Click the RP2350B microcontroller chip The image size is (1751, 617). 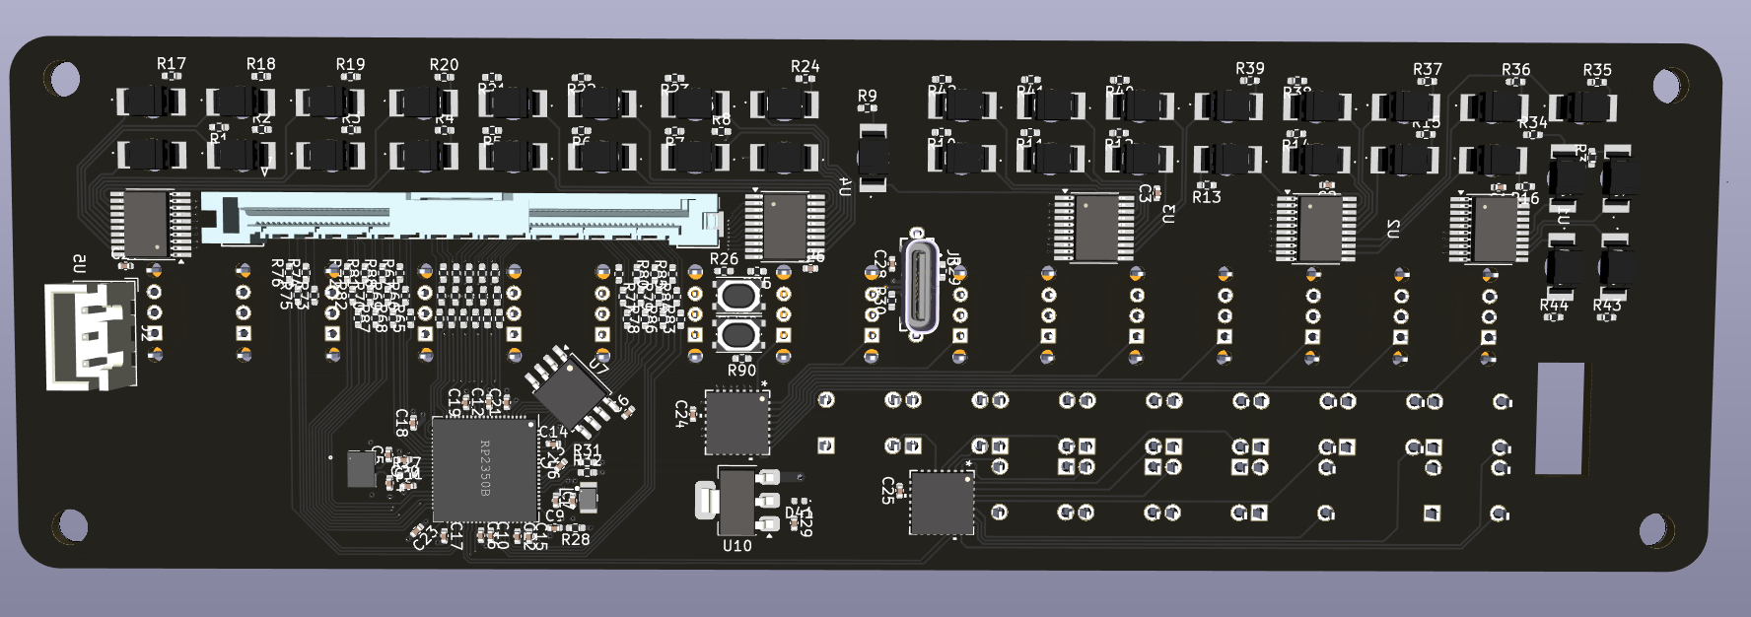coord(485,469)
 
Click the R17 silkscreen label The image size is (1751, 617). coord(172,64)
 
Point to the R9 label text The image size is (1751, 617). coord(867,97)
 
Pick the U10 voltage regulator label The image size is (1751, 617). coord(736,545)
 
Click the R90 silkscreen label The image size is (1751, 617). coord(741,371)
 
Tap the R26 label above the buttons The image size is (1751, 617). coord(724,259)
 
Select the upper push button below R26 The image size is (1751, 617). coord(737,297)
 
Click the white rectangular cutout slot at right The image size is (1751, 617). coord(1561,418)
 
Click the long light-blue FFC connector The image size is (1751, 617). coord(460,218)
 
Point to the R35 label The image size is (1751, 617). coord(1597,70)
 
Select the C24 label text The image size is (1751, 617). coord(681,413)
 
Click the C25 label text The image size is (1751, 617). coord(888,490)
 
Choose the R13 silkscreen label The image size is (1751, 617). coord(1207,197)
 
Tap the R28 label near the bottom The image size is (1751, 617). coord(575,539)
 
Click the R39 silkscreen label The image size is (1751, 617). coord(1249,69)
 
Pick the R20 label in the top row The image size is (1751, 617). coord(444,65)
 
